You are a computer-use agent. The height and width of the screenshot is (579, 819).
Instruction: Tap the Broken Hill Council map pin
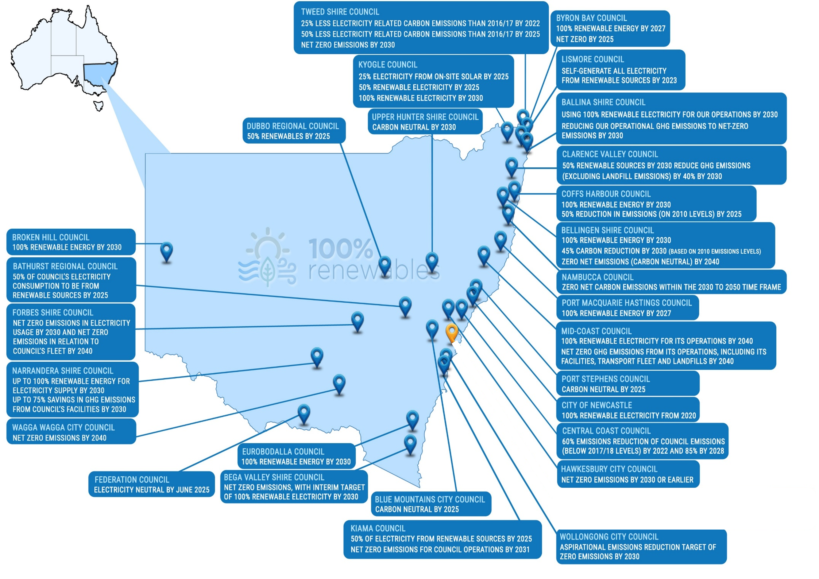[x=167, y=252]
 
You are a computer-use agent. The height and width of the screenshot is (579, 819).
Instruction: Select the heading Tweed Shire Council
[x=340, y=12]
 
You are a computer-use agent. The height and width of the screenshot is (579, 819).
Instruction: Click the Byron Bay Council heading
[x=591, y=18]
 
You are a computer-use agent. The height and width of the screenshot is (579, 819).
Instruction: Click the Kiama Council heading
[x=378, y=528]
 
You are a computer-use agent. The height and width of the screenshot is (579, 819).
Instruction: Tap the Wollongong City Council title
[x=609, y=537]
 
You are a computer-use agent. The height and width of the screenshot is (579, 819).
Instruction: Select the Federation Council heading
[x=132, y=480]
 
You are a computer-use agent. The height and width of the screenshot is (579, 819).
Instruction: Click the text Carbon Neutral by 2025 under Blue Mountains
[x=417, y=509]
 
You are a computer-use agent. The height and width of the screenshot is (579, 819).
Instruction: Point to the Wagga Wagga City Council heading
[x=64, y=427]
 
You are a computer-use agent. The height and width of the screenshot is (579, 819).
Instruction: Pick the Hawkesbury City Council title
[x=609, y=469]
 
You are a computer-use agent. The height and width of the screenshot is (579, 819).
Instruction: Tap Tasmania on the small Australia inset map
[x=99, y=106]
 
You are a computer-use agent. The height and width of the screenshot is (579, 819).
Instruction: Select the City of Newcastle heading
[x=597, y=405]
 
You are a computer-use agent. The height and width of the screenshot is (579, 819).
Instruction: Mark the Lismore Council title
[x=593, y=59]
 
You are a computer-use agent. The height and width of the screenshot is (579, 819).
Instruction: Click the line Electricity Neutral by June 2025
[x=152, y=490]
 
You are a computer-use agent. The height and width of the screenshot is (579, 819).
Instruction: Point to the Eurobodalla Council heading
[x=283, y=452]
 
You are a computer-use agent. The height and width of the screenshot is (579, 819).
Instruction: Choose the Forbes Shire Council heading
[x=53, y=313]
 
